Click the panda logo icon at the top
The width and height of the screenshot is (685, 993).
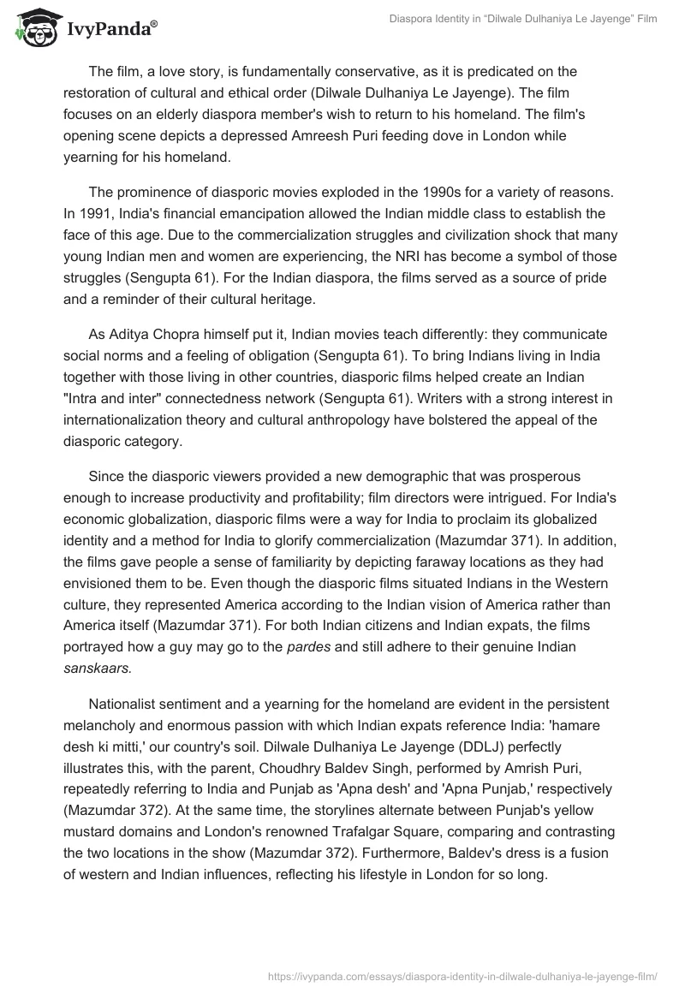pyautogui.click(x=33, y=27)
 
